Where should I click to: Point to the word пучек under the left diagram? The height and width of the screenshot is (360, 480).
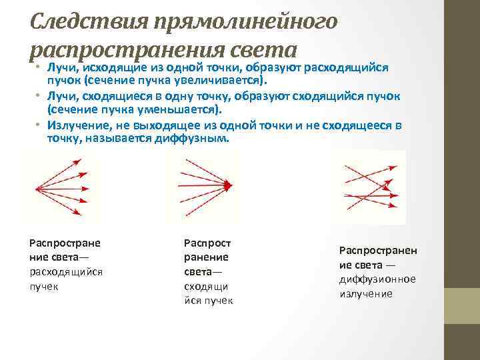[x=43, y=286]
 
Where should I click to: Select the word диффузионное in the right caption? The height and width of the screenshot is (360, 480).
[x=377, y=279]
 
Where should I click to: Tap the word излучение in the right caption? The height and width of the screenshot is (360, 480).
[x=366, y=293]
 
